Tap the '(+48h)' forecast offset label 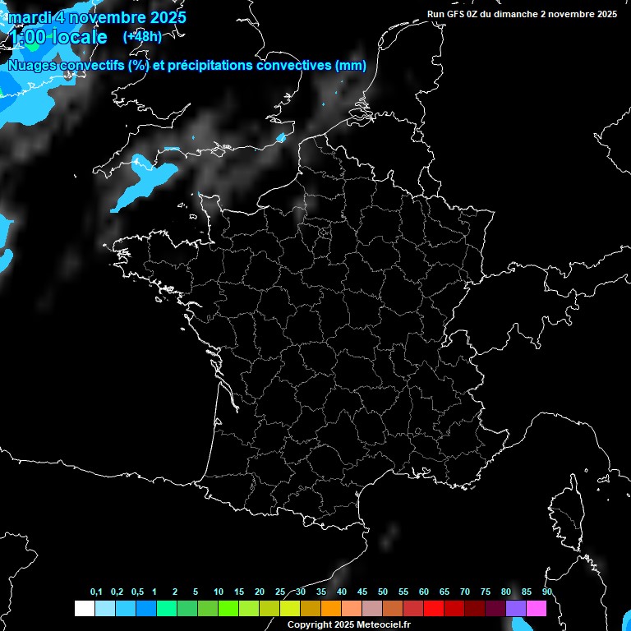click(x=142, y=36)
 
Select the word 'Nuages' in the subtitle click(x=35, y=66)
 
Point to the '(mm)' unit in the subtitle click(x=351, y=66)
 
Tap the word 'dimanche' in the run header click(x=514, y=14)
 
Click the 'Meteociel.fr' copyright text click(x=377, y=624)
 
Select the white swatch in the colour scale click(x=84, y=608)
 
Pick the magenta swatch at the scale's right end click(x=536, y=608)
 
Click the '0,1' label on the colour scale click(x=96, y=592)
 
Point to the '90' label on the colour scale click(x=546, y=592)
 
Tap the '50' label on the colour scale click(x=383, y=592)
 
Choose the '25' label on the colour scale click(x=280, y=592)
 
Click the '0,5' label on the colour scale click(x=137, y=592)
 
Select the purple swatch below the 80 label click(x=515, y=608)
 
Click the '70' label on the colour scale click(x=465, y=592)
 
